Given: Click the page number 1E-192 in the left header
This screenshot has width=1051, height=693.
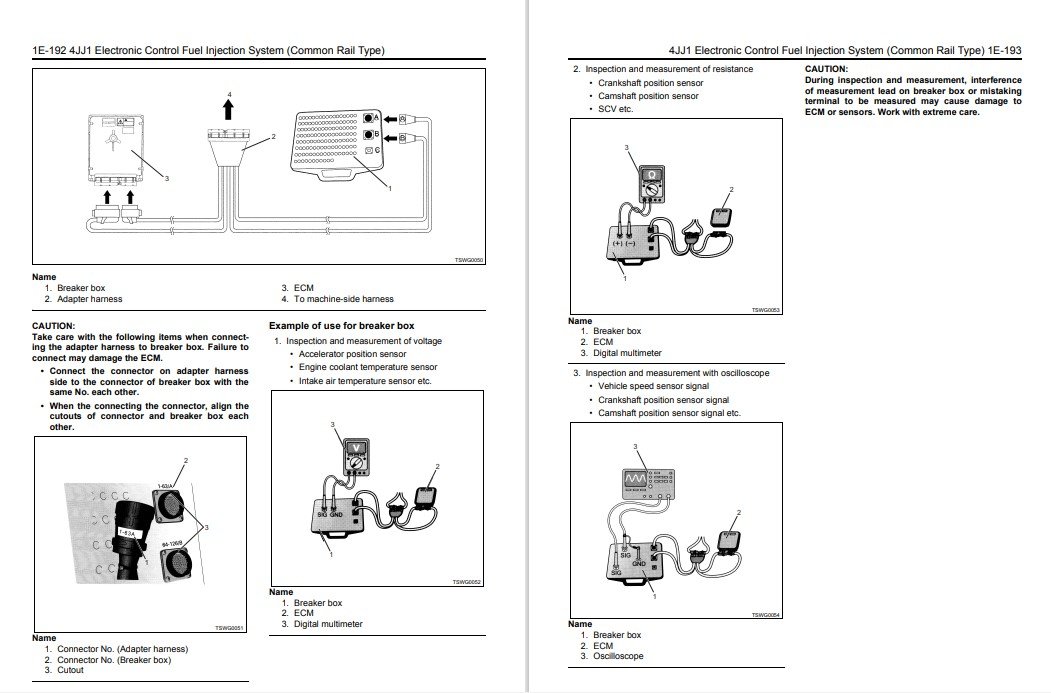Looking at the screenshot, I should (50, 50).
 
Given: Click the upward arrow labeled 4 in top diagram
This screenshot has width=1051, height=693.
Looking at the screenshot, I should (229, 109).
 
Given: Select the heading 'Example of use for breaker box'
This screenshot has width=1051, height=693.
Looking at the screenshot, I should (341, 326).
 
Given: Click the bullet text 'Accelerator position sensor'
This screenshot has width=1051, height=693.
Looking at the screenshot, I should (352, 354).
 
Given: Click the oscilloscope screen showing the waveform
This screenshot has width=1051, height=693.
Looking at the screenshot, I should (637, 481).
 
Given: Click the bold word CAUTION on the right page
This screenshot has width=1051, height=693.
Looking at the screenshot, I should (826, 69).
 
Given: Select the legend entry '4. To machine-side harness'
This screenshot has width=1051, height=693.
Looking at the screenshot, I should (337, 299).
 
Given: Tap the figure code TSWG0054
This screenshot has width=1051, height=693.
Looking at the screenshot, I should (765, 615).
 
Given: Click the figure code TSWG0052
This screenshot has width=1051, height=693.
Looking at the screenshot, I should (467, 582).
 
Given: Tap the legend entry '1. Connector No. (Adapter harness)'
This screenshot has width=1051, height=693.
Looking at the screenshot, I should (116, 649).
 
